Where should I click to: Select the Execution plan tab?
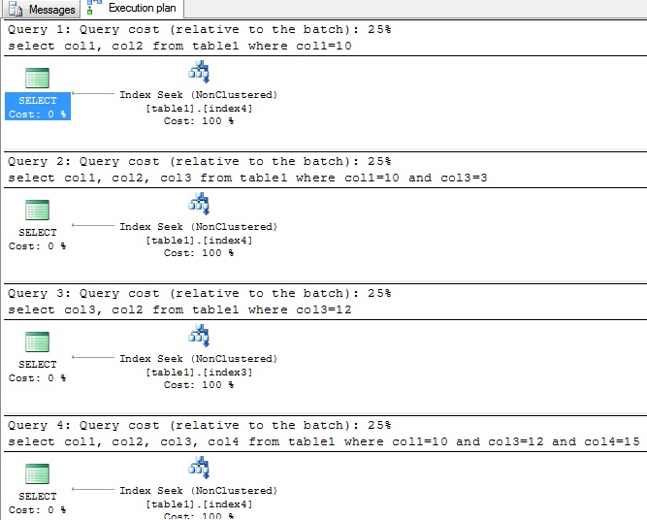[134, 9]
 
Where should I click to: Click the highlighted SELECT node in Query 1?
[38, 107]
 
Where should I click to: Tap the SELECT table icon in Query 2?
[38, 211]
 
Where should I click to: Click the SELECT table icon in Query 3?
[38, 342]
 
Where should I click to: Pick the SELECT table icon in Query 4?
[38, 474]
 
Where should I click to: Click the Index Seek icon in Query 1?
[199, 71]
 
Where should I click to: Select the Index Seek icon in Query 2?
[199, 203]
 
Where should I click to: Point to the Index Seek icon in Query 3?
[199, 335]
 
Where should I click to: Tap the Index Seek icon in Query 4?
[199, 467]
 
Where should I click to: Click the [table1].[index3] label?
[199, 372]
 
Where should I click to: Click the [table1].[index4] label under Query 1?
[199, 108]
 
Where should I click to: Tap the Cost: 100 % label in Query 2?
[199, 253]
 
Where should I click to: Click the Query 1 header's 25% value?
[378, 29]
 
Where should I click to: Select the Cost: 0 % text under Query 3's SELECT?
[38, 378]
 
